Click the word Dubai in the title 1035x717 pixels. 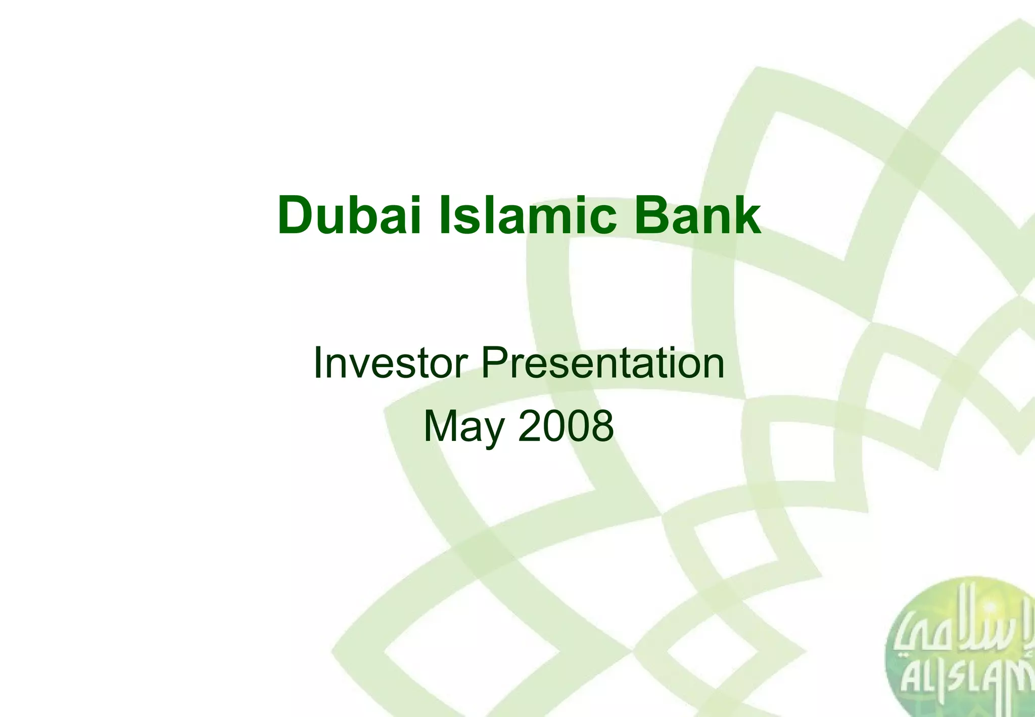click(349, 216)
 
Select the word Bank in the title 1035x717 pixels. click(697, 216)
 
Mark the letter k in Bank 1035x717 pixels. click(746, 216)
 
